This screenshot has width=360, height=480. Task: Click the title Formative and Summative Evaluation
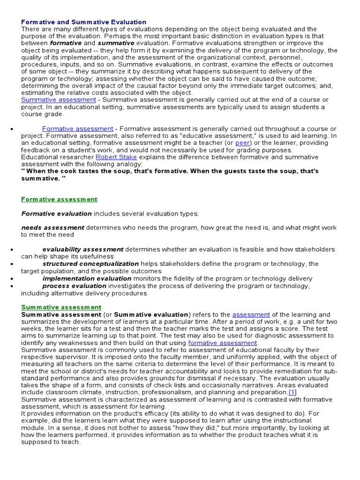[x=84, y=22]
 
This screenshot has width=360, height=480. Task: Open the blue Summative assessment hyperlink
[x=59, y=100]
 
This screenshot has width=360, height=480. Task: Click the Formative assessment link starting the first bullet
[x=78, y=128]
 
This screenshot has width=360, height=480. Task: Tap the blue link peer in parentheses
[x=243, y=142]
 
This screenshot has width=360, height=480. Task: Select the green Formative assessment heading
[x=59, y=199]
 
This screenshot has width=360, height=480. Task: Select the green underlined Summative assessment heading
[x=61, y=307]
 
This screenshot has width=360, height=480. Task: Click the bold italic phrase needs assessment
[x=53, y=228]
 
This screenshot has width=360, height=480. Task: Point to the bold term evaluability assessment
[x=83, y=249]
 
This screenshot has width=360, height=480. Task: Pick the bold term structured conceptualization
[x=90, y=264]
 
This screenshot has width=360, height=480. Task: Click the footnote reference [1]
[x=292, y=392]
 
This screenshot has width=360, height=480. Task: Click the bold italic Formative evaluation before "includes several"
[x=57, y=214]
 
